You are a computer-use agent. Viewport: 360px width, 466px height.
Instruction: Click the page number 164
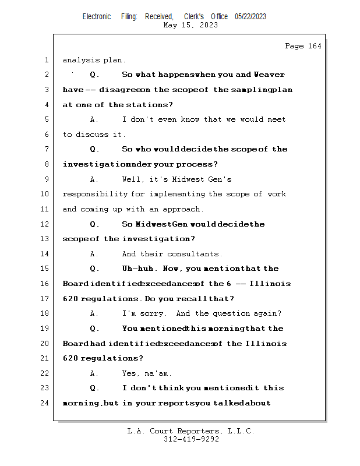tap(314, 46)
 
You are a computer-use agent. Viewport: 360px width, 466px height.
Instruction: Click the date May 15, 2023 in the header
tap(190, 25)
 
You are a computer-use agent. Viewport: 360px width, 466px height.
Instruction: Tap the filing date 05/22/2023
tap(250, 16)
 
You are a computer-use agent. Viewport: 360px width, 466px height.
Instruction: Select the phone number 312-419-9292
tap(190, 439)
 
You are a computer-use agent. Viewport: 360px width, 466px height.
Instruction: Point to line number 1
tap(46, 60)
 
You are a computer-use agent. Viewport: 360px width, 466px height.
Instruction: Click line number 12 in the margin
tap(46, 224)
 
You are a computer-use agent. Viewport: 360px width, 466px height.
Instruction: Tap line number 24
tap(46, 403)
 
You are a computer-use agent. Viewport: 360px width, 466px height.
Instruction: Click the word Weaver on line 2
tap(269, 75)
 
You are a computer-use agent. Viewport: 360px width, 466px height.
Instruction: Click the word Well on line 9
tap(132, 179)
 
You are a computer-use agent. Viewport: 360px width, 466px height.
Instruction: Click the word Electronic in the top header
tap(97, 16)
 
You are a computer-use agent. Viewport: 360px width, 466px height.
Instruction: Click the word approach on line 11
tap(182, 209)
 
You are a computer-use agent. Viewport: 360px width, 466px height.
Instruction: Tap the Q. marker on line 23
tap(95, 388)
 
